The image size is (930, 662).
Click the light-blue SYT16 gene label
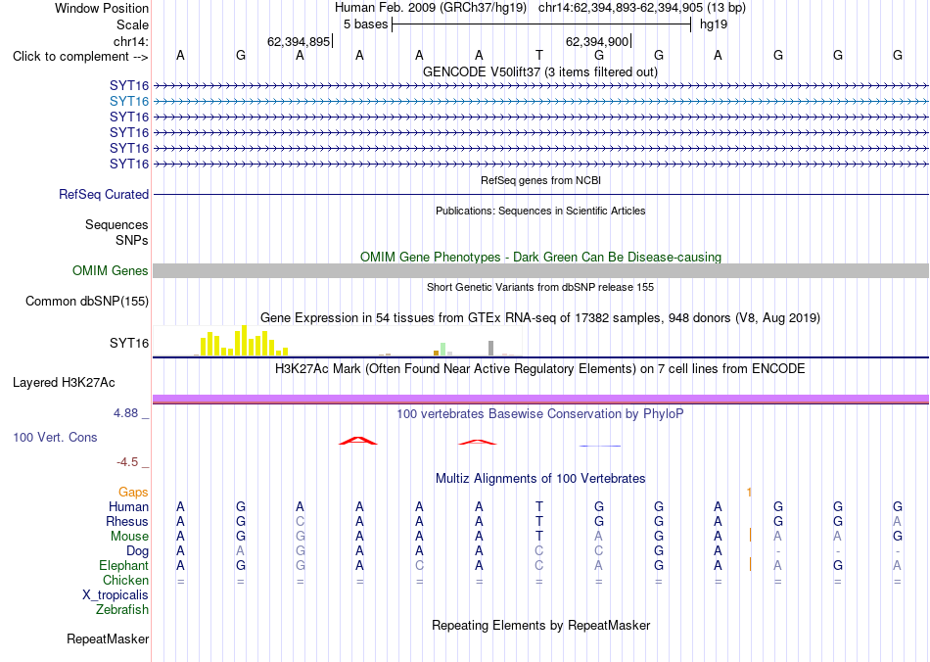pyautogui.click(x=129, y=102)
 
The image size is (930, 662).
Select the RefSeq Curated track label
pyautogui.click(x=104, y=195)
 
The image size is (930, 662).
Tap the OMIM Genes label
pyautogui.click(x=111, y=271)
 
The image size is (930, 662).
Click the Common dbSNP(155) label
pyautogui.click(x=87, y=302)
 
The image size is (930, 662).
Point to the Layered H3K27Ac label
pyautogui.click(x=64, y=383)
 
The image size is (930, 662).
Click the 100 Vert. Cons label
pyautogui.click(x=55, y=438)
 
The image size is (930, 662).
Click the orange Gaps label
pyautogui.click(x=133, y=493)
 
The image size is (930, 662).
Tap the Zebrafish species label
pyautogui.click(x=122, y=610)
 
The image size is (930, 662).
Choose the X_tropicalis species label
pyautogui.click(x=116, y=595)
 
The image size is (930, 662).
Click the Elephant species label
pyautogui.click(x=124, y=566)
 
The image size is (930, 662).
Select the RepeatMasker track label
pyautogui.click(x=108, y=639)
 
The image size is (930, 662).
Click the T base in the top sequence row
pyautogui.click(x=539, y=56)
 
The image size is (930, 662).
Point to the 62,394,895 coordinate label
pyautogui.click(x=299, y=41)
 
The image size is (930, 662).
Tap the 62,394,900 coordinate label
pyautogui.click(x=597, y=41)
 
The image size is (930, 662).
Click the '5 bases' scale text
pyautogui.click(x=365, y=24)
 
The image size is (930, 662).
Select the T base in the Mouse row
pyautogui.click(x=539, y=537)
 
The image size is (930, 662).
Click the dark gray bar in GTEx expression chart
pyautogui.click(x=491, y=349)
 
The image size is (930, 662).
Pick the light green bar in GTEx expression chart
pyautogui.click(x=443, y=350)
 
